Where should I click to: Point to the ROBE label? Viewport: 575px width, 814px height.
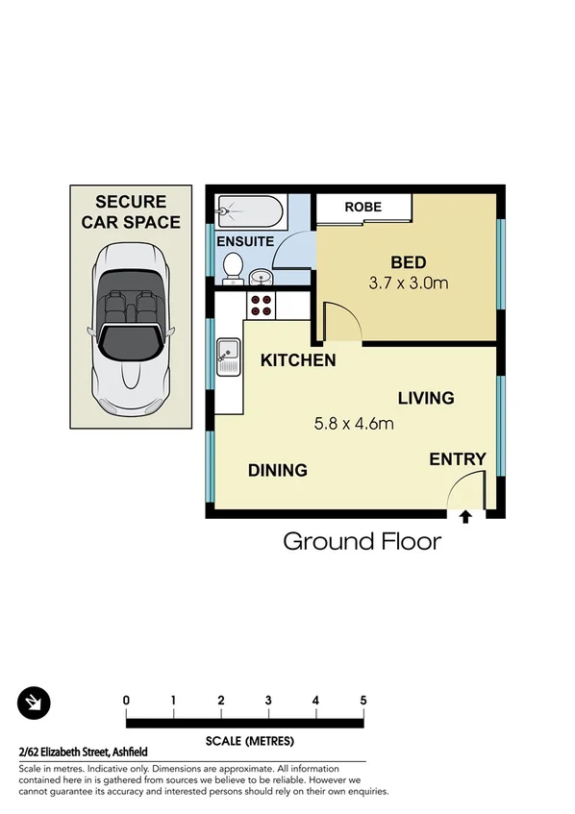pos(363,207)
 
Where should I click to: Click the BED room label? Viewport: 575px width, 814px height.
pos(408,261)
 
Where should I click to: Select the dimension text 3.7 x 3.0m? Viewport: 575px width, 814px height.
pos(409,284)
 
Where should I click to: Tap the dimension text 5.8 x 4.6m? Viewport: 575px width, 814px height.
pos(353,422)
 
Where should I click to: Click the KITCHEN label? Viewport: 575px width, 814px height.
pos(298,361)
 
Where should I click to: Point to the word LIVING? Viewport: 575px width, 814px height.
pos(426,398)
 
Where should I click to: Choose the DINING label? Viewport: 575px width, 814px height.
pos(278,470)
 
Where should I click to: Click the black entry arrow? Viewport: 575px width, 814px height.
pos(465,517)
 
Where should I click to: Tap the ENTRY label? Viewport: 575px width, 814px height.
pos(458,459)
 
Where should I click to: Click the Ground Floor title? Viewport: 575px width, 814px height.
pos(362,541)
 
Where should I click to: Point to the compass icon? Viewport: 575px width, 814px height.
pos(34,703)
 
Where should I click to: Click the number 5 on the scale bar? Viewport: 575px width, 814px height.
pos(363,700)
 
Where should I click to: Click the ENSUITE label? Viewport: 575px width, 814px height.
pos(245,241)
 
